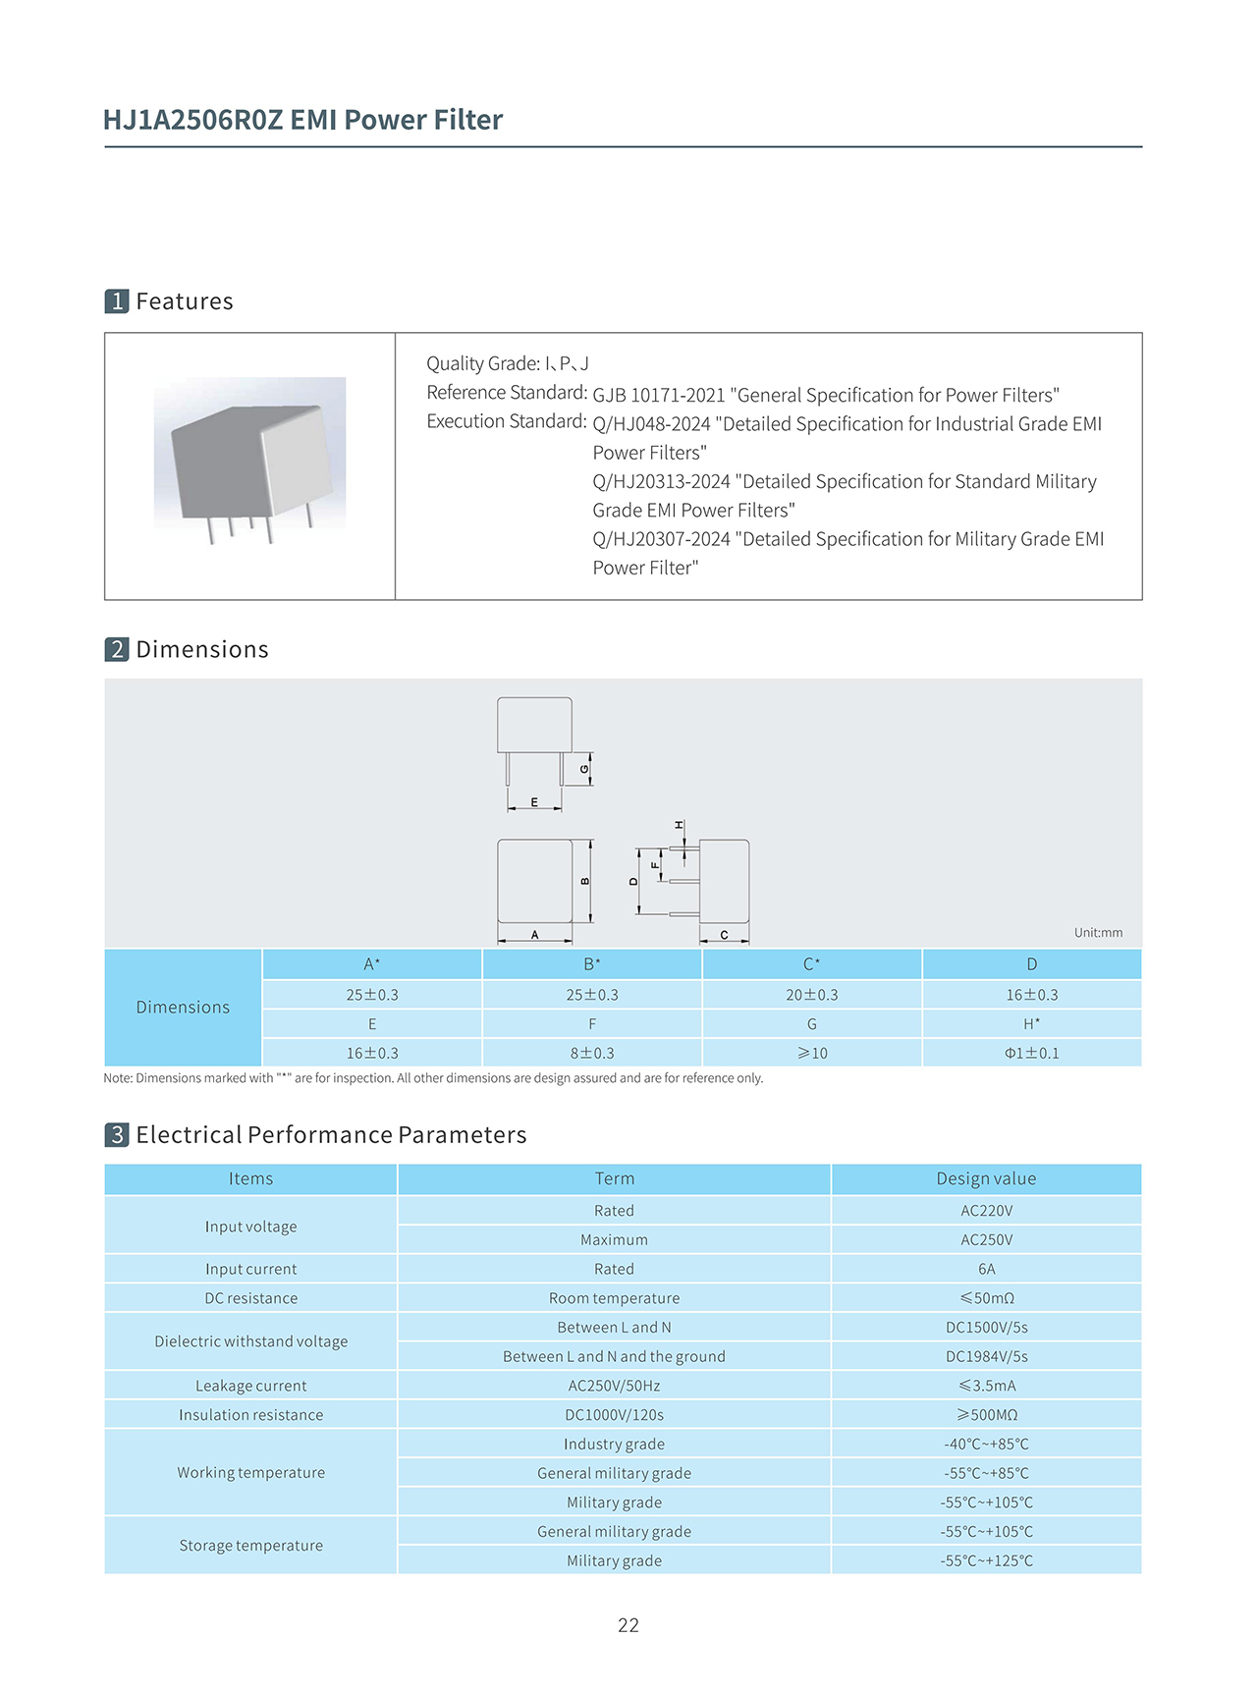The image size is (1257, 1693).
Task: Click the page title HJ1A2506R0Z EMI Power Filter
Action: [x=302, y=120]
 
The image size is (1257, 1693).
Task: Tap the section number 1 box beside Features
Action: [x=117, y=300]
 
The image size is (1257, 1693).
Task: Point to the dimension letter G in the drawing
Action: [x=584, y=769]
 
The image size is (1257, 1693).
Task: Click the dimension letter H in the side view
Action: [x=679, y=825]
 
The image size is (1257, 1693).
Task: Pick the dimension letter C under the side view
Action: [x=724, y=935]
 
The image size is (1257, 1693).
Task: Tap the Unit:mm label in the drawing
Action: [x=1097, y=932]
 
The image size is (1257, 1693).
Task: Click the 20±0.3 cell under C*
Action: [x=811, y=995]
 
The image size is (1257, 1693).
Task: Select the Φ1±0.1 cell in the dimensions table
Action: [x=1031, y=1053]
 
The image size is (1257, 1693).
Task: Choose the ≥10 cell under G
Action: [x=811, y=1053]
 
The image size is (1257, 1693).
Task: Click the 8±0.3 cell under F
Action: [x=592, y=1053]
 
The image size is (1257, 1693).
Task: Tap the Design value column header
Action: [x=986, y=1178]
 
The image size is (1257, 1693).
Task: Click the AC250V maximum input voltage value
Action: [x=986, y=1239]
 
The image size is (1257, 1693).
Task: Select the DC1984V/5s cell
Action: [x=986, y=1356]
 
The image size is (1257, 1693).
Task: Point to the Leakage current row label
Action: [x=250, y=1386]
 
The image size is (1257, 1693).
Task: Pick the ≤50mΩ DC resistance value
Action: [x=986, y=1298]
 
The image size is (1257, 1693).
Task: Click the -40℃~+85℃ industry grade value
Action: [x=986, y=1444]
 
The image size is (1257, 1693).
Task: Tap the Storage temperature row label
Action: [x=250, y=1545]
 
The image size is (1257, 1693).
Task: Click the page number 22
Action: [x=628, y=1625]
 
